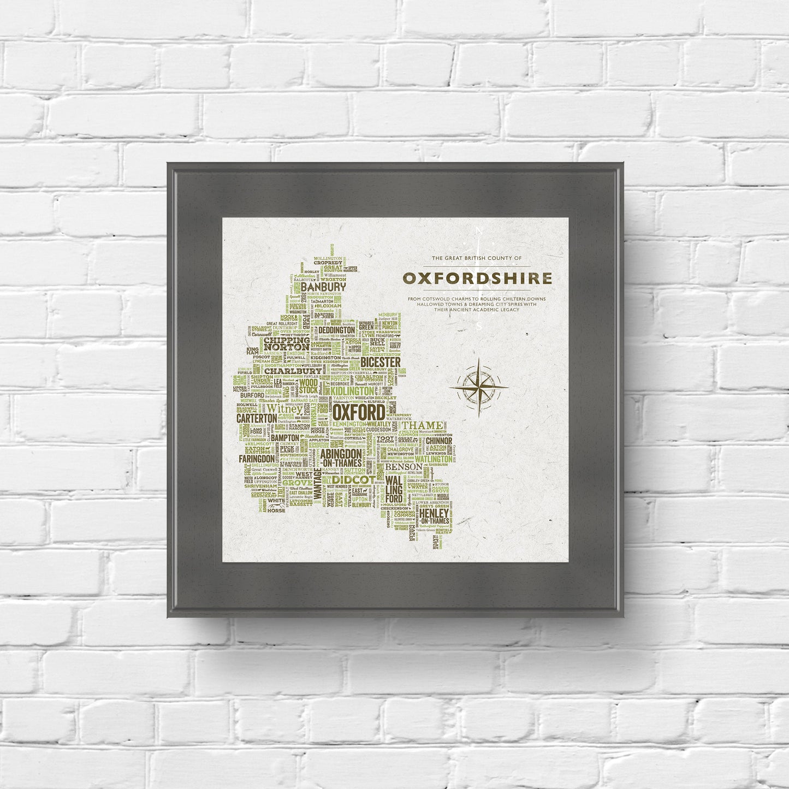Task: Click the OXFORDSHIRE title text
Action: pos(477,278)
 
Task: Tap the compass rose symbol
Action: pos(478,388)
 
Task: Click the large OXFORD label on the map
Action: pos(358,413)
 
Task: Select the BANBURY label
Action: pos(324,287)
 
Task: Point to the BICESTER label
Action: pos(381,362)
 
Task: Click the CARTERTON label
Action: pos(257,418)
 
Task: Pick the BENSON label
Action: pos(404,467)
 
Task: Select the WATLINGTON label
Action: pos(433,460)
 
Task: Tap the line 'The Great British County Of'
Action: pos(477,258)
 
